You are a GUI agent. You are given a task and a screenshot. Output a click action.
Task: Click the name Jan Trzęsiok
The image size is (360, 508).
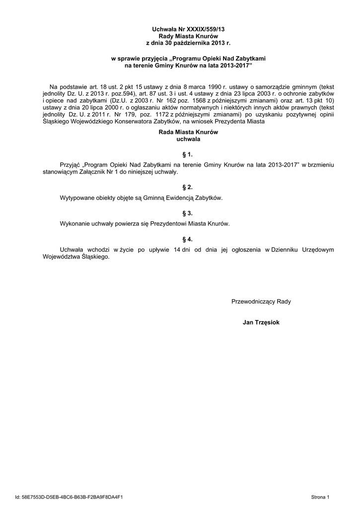pos(261,322)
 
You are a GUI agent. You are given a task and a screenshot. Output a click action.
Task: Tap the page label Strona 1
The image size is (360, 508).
pos(320,497)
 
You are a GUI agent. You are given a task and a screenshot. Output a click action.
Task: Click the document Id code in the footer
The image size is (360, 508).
pos(69,497)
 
